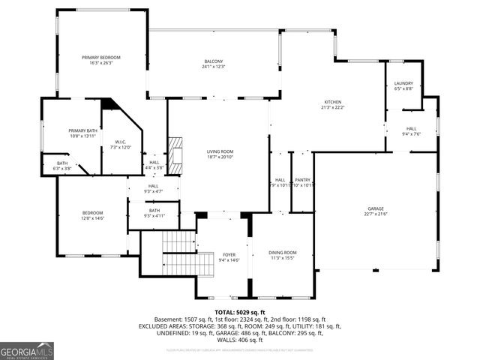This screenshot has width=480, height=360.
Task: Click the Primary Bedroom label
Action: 101,58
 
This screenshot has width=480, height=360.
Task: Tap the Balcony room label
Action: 214,61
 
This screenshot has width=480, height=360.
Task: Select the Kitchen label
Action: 332,102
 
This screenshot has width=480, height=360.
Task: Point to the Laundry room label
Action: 403,83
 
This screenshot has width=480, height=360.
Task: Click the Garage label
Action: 376,208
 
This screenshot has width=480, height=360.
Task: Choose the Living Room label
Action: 220,152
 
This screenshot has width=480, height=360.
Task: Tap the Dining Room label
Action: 283,253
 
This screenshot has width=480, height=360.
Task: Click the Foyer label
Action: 229,255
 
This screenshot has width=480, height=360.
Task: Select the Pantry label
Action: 302,180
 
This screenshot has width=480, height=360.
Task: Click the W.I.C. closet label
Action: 120,142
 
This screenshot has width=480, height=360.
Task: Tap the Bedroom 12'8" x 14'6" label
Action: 92,214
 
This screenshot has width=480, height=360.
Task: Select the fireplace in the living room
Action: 175,155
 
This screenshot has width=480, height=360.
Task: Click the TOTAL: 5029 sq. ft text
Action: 240,312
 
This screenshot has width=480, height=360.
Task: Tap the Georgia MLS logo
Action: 27,350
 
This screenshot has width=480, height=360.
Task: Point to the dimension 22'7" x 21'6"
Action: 376,214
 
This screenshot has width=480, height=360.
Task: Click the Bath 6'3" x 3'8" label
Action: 62,164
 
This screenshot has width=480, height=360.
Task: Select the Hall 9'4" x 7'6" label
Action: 412,128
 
